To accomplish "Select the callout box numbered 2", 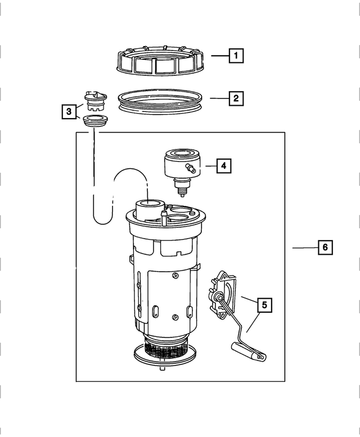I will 236,99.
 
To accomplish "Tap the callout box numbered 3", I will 68,112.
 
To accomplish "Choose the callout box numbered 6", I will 325,247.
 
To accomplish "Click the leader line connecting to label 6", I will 304,247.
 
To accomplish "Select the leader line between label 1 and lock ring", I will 219,56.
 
